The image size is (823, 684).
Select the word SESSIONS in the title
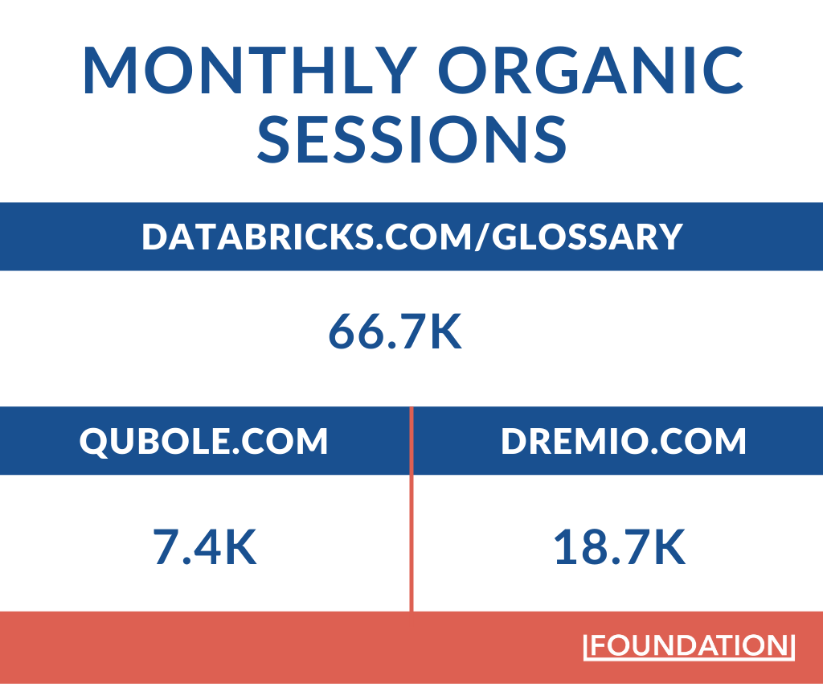412,138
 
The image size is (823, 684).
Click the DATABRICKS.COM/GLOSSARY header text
412,237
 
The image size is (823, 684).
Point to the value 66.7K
395,333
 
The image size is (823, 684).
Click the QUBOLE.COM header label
204,442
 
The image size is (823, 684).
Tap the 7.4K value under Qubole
205,549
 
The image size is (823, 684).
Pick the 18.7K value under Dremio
619,549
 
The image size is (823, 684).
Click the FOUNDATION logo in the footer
689,646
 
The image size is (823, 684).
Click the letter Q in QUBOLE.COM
92,443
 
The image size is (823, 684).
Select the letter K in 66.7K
444,333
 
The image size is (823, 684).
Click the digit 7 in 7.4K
166,549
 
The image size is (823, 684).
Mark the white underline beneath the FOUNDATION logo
689,659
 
